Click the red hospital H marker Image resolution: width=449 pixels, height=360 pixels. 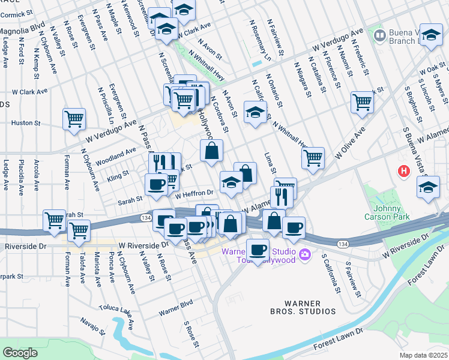coord(404,171)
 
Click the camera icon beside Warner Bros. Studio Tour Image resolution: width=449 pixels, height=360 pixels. coord(305,255)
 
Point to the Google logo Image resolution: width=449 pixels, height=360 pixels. coord(20,353)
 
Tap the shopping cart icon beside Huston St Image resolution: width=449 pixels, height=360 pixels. coord(74,119)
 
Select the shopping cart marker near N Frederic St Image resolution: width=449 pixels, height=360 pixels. coord(363,101)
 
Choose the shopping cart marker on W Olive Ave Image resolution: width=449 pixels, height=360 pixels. coord(313,158)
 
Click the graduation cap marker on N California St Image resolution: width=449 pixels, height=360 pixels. coord(255,112)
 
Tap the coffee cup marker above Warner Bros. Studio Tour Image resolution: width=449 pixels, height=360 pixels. coord(259,249)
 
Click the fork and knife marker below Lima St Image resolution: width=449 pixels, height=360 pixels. coord(281,196)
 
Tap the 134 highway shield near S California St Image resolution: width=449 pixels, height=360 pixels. coord(342,244)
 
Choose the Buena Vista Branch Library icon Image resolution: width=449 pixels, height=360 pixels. coord(379,36)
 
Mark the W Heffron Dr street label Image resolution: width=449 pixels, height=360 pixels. coord(194,193)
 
